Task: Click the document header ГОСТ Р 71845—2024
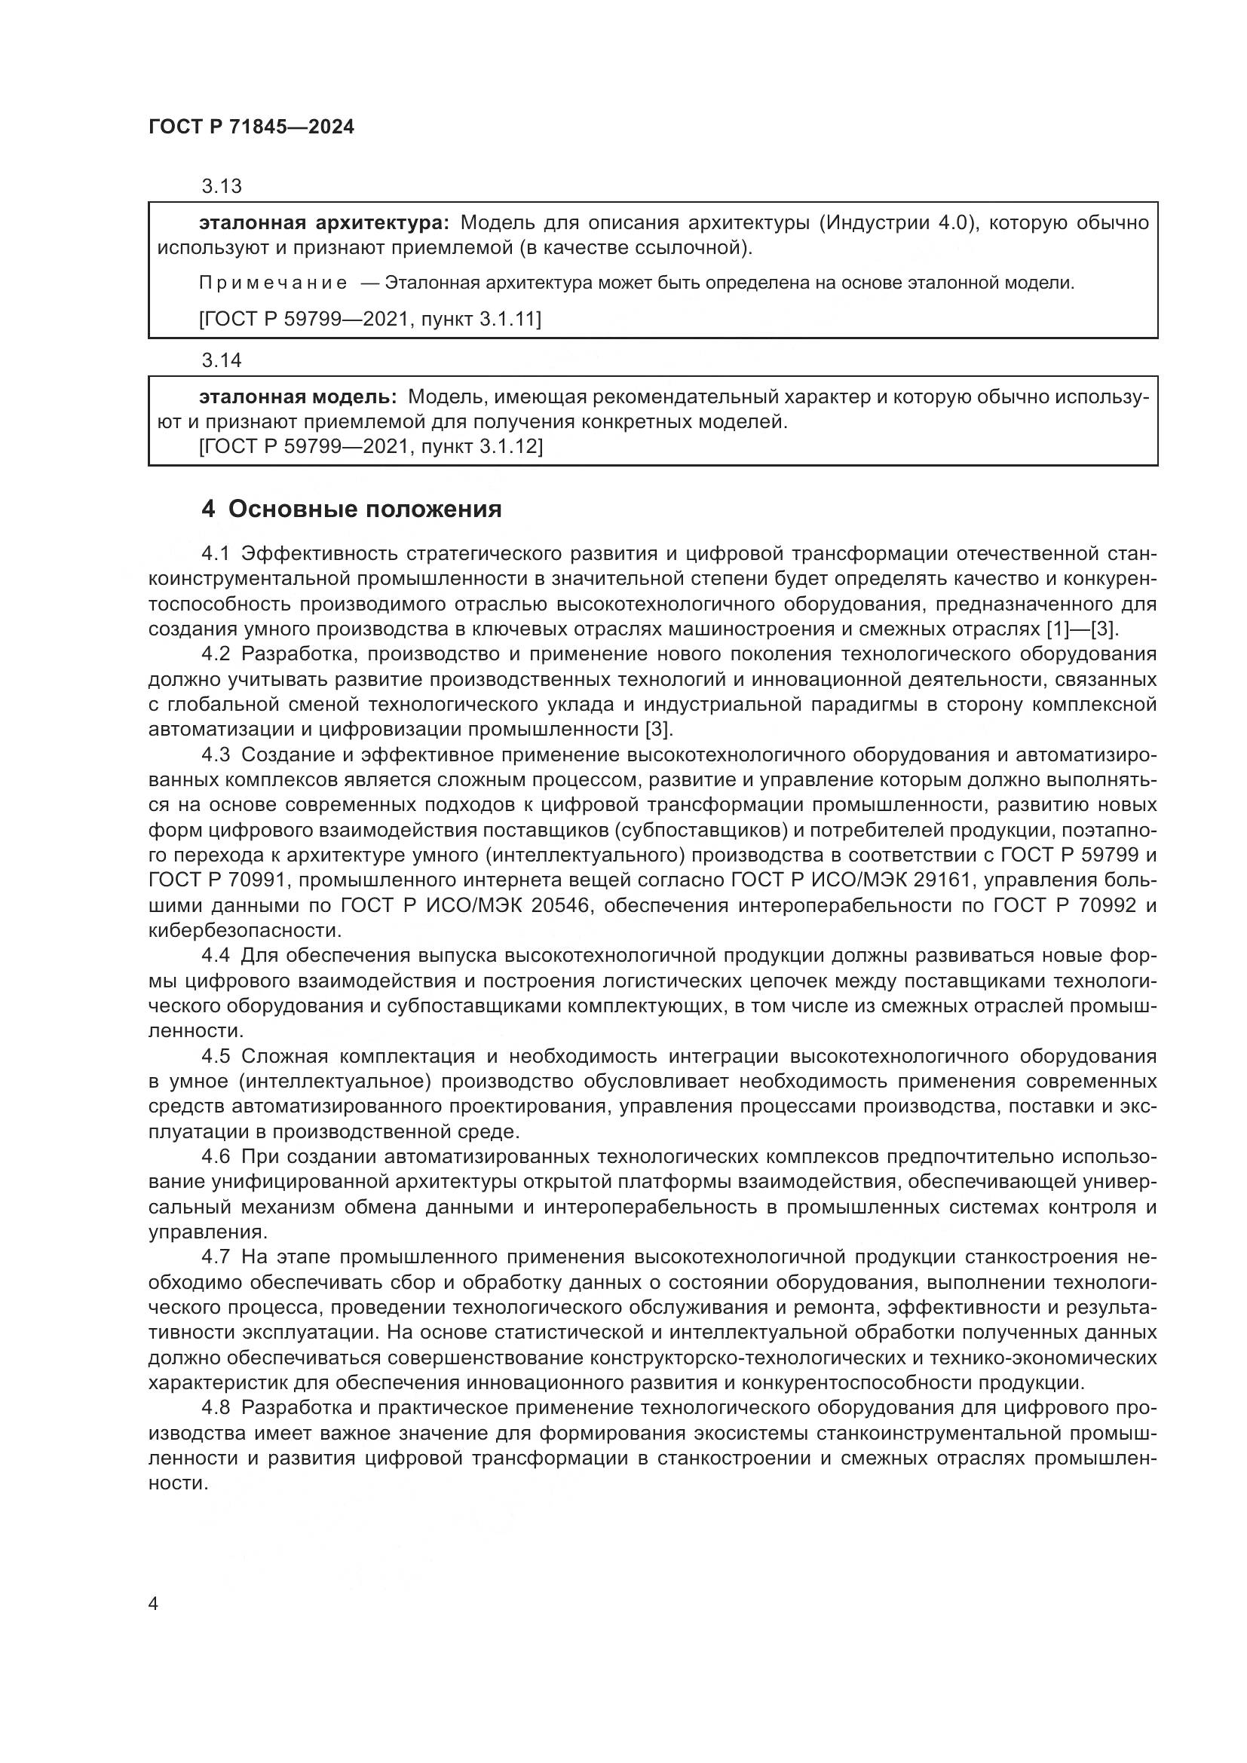(251, 127)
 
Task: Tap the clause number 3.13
(221, 186)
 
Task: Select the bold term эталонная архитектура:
(323, 222)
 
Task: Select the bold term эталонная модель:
(297, 397)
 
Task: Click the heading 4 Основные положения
(351, 509)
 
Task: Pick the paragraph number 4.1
(216, 554)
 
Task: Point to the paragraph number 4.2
(216, 654)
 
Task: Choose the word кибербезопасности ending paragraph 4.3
(244, 931)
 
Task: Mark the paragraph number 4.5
(216, 1057)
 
